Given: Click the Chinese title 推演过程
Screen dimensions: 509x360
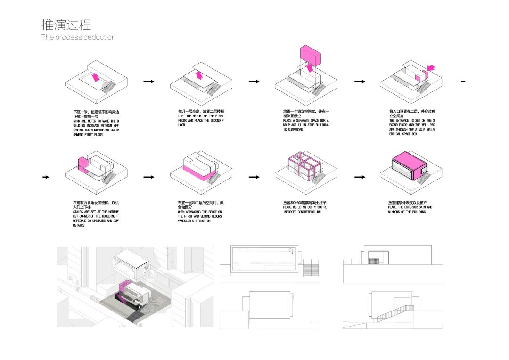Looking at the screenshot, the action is tap(66, 25).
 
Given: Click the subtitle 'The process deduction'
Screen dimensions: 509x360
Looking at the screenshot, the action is tap(78, 37).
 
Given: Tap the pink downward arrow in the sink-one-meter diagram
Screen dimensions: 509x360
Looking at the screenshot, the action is tap(96, 77).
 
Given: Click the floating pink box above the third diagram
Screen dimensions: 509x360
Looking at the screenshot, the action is tap(311, 54).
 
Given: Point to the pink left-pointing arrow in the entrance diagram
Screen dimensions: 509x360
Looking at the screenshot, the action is tap(430, 68).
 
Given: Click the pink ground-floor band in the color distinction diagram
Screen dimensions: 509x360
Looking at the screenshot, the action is tap(195, 173).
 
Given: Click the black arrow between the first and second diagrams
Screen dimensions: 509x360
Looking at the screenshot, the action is tap(149, 82).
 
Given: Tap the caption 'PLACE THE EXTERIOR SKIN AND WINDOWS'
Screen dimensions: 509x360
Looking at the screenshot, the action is tap(410, 209).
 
